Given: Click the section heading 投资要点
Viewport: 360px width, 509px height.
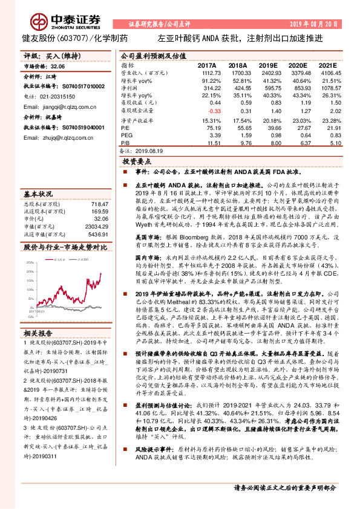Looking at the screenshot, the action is [137, 163].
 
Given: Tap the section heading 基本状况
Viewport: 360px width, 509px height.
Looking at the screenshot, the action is [38, 195].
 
